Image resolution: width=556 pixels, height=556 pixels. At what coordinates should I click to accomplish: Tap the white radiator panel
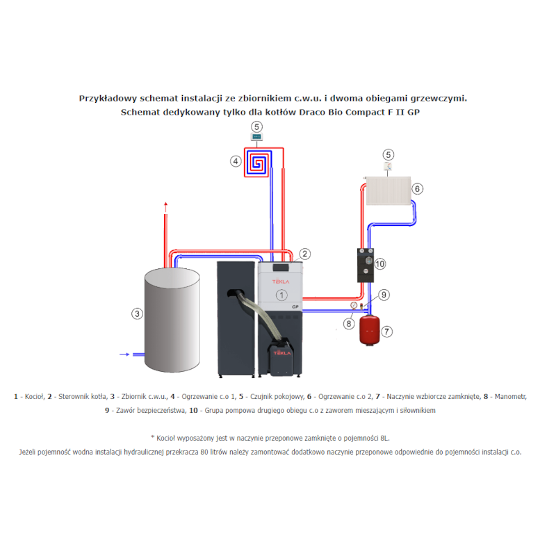point(389,190)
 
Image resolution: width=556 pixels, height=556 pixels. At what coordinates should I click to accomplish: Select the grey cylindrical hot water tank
point(172,320)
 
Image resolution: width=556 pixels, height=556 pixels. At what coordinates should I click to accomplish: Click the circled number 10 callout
point(379,264)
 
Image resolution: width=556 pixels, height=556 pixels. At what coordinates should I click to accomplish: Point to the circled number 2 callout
point(304,254)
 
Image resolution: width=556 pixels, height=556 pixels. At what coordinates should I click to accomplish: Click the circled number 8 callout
point(349,323)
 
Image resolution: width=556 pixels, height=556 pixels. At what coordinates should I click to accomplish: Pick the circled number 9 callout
point(384,295)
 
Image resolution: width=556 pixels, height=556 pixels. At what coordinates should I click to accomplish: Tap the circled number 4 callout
point(236,161)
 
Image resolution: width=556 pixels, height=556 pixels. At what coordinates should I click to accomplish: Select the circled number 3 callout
point(137,314)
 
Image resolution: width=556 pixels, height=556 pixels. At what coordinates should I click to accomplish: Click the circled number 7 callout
point(386,332)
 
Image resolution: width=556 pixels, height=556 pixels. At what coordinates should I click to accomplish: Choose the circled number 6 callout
point(418,188)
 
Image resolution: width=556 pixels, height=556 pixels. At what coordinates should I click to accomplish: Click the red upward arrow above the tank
point(165,207)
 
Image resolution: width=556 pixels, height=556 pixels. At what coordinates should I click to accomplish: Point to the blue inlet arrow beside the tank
point(124,354)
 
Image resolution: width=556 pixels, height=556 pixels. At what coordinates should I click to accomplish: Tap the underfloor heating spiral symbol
point(258,163)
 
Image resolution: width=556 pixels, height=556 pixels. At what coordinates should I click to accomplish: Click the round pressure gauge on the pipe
point(354,305)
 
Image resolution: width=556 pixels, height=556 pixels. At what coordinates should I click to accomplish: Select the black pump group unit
point(366,265)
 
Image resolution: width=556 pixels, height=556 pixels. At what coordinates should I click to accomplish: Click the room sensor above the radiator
point(389,166)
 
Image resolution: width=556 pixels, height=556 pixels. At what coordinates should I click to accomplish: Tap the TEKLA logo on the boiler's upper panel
point(281,281)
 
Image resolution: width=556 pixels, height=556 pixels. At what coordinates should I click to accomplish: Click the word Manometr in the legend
point(511,396)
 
